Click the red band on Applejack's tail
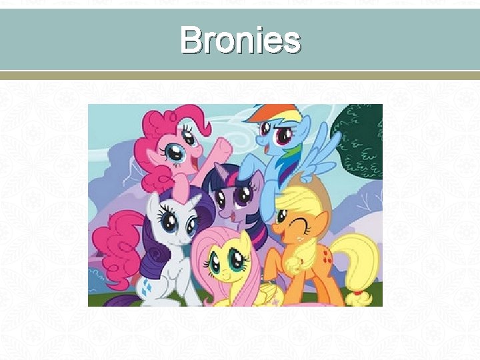point(359,291)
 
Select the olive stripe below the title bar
point(240,76)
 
